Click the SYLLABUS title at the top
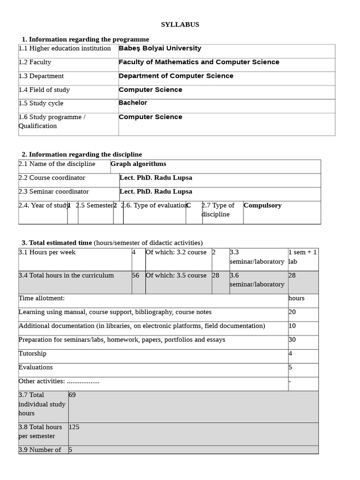180,25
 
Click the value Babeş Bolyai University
160,48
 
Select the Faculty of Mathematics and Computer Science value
199,62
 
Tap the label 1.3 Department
41,76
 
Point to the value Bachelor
133,103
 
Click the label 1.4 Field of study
44,90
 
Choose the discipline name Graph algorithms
138,164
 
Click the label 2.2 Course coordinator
52,178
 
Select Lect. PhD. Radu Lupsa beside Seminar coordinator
156,191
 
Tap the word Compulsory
262,205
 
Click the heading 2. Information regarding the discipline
82,154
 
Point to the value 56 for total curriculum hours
135,275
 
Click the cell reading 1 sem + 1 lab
302,257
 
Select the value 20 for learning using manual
292,312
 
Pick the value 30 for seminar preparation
292,339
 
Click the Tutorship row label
32,353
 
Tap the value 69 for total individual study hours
72,395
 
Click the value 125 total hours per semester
74,427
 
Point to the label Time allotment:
42,298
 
